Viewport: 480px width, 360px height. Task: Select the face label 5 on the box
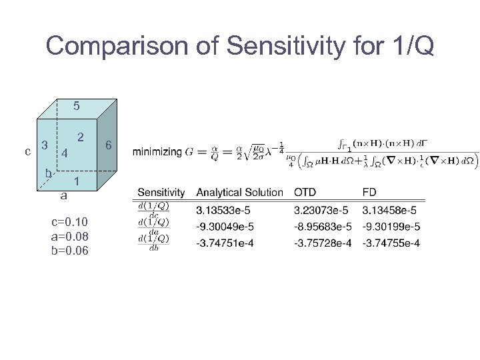point(77,106)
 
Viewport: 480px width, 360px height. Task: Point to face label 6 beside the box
point(109,145)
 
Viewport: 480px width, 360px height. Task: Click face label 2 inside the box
point(80,137)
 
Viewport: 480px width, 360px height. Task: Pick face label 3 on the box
point(44,145)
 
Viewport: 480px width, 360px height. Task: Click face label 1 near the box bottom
point(77,181)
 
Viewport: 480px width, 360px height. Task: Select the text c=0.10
point(69,222)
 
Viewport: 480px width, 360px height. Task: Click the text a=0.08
point(69,237)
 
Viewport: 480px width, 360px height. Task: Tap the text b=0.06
point(69,251)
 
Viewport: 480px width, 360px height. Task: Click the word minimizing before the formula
point(157,152)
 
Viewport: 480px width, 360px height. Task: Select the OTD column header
point(305,193)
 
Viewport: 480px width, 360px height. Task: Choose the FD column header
point(369,193)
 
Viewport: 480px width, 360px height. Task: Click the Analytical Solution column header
point(239,193)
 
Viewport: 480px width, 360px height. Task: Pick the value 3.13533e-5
point(225,211)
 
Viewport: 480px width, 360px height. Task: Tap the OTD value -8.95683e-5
point(323,227)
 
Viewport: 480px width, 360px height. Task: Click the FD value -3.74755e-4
point(391,243)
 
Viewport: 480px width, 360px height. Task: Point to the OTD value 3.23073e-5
point(323,211)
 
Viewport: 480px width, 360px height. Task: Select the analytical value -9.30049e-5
point(225,227)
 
